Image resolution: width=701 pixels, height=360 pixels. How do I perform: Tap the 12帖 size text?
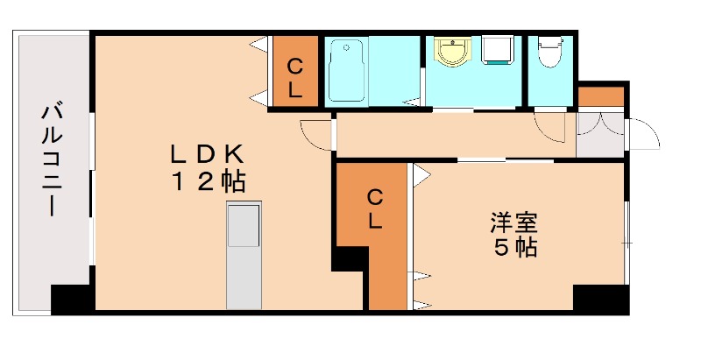[207, 182]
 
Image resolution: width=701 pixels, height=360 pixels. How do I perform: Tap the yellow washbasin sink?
[453, 53]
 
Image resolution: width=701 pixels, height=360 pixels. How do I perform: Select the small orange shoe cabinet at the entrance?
[600, 94]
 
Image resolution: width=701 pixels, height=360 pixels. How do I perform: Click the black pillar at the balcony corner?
[73, 300]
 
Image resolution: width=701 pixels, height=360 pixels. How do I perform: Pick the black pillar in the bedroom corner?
[599, 299]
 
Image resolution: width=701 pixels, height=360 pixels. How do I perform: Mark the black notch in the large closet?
[350, 259]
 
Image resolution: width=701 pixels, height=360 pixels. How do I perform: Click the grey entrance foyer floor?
[599, 137]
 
